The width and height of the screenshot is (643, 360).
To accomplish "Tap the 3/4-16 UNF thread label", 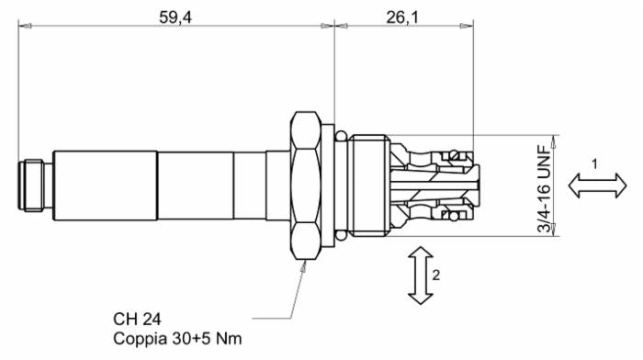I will (x=544, y=185).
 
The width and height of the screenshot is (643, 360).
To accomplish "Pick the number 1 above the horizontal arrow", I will (x=593, y=163).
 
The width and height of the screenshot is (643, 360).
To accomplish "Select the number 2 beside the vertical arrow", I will (x=439, y=273).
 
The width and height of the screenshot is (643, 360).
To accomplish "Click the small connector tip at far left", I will (x=35, y=185).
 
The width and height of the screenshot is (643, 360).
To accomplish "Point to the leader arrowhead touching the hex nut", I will (x=304, y=264).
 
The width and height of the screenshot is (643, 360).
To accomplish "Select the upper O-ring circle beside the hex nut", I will (x=341, y=138).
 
